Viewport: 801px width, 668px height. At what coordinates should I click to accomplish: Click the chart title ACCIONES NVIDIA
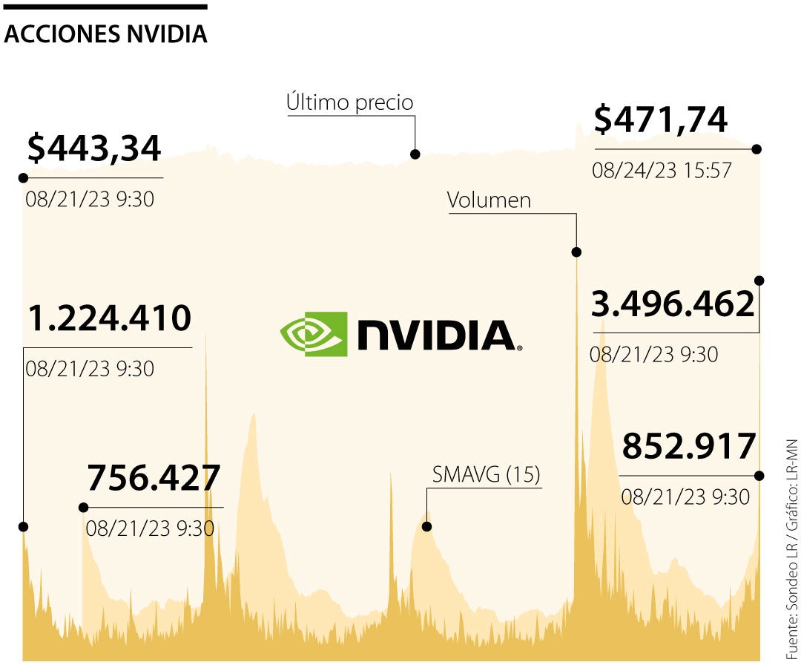tap(105, 34)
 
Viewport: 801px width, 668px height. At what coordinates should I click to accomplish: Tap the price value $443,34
tap(94, 148)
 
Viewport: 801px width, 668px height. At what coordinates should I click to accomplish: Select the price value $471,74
tap(661, 120)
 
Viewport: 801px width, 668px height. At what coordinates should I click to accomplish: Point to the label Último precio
tap(349, 102)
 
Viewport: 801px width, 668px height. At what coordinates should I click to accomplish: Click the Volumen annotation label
tap(489, 200)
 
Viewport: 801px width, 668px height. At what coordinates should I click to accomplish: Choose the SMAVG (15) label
tap(487, 474)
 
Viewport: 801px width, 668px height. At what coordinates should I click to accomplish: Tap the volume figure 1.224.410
tap(110, 319)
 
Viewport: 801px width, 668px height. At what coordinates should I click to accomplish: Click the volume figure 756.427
tap(154, 478)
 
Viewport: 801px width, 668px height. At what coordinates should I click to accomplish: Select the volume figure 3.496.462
tap(673, 304)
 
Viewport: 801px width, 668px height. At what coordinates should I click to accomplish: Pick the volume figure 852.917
tap(688, 447)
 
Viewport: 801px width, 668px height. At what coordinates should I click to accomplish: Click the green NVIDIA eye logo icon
tap(313, 334)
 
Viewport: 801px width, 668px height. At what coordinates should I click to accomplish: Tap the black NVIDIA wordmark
tap(436, 335)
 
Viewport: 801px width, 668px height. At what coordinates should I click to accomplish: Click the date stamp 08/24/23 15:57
tap(662, 171)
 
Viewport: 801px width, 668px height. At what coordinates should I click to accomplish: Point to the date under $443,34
tap(90, 199)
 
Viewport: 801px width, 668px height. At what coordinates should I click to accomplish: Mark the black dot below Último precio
tap(415, 154)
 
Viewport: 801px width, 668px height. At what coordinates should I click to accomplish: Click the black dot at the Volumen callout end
tap(576, 252)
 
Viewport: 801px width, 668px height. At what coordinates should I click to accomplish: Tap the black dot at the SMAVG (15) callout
tap(426, 526)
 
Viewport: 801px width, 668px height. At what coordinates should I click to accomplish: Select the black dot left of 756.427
tap(83, 508)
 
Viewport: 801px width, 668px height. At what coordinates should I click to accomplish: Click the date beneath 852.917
tap(685, 497)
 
